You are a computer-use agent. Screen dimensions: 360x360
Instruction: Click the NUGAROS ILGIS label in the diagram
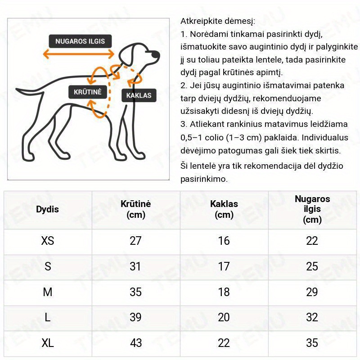click(x=80, y=41)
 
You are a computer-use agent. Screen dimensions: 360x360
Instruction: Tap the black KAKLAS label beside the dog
click(x=139, y=95)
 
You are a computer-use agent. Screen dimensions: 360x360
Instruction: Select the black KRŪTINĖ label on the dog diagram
click(x=88, y=92)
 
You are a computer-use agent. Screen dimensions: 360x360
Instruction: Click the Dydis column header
click(x=47, y=209)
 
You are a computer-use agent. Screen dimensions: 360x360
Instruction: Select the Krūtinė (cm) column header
click(x=135, y=209)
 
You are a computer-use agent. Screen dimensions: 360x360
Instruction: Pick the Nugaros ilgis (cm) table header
click(x=312, y=209)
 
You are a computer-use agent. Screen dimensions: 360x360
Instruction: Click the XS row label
click(x=47, y=241)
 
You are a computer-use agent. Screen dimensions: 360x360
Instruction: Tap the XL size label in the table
click(x=47, y=343)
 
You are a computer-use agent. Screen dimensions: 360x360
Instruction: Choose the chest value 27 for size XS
click(x=135, y=241)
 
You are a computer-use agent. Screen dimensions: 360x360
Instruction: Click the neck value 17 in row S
click(x=224, y=266)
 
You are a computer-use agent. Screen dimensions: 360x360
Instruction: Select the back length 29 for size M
click(x=312, y=292)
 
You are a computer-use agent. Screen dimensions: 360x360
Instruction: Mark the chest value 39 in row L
click(x=135, y=318)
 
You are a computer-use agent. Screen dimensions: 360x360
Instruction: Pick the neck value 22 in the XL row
click(x=224, y=343)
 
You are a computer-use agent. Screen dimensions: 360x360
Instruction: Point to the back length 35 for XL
click(x=312, y=343)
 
